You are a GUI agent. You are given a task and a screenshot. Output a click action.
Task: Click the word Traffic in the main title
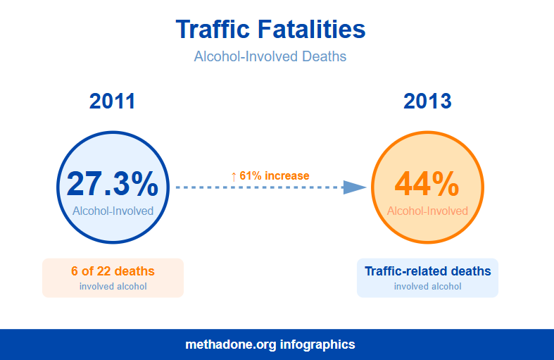[x=213, y=30]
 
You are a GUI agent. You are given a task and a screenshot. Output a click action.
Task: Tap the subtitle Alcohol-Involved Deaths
[x=270, y=56]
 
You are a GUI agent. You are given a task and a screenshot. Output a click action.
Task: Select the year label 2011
[x=112, y=101]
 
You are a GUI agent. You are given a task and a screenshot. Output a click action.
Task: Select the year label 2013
[x=427, y=101]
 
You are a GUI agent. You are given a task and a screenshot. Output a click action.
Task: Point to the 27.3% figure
[x=113, y=184]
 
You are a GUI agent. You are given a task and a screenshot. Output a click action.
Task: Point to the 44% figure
[x=427, y=184]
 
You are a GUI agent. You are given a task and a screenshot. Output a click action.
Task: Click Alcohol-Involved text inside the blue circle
[x=113, y=211]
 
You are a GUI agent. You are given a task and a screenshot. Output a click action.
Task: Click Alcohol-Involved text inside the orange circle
[x=427, y=211]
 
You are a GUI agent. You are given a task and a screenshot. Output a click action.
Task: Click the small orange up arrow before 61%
[x=234, y=176]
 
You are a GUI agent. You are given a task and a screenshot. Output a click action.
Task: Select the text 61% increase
[x=275, y=175]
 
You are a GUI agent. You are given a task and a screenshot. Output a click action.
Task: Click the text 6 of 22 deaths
[x=113, y=271]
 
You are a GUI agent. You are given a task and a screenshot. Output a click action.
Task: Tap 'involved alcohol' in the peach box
[x=113, y=287]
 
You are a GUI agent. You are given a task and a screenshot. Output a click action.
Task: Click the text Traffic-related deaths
[x=427, y=271]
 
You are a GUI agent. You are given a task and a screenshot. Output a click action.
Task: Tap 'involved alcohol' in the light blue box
[x=427, y=287]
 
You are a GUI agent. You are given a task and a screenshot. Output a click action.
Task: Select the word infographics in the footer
[x=317, y=345]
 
